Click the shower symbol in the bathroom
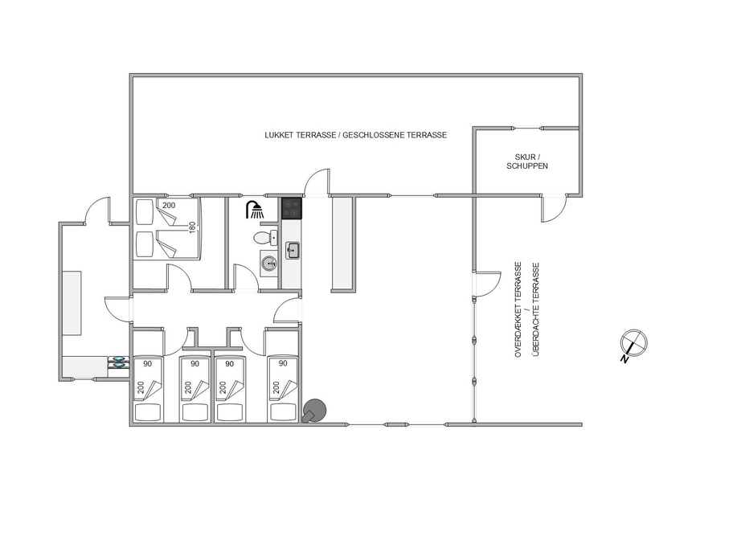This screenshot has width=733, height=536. (255, 210)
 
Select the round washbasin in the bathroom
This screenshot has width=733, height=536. (268, 264)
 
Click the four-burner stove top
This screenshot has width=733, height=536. (293, 208)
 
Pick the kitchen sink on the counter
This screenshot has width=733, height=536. (293, 251)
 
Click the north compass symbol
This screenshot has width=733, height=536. (633, 345)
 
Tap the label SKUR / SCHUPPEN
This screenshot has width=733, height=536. (527, 162)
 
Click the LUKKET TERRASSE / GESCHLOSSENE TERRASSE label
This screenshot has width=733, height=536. (356, 135)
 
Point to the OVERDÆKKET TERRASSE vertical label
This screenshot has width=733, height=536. (518, 310)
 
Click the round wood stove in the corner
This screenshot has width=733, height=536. (313, 411)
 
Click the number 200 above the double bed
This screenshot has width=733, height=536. (169, 205)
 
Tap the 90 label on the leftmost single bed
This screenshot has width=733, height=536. (148, 363)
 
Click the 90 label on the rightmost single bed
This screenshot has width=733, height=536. (283, 363)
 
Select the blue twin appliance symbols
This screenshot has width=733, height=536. (118, 362)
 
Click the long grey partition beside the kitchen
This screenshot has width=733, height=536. (342, 244)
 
